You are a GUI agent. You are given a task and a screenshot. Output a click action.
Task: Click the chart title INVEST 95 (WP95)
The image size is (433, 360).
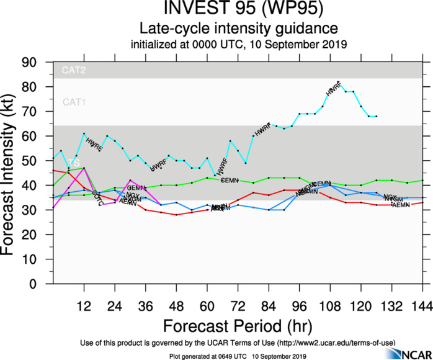238,10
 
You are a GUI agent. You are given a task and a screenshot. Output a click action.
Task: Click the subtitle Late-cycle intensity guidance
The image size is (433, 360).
238,29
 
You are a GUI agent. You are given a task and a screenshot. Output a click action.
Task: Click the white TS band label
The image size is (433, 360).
74,162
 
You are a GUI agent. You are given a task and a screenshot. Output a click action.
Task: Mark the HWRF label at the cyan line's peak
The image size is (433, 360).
334,89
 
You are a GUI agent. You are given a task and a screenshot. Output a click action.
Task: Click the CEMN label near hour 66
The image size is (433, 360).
230,180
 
